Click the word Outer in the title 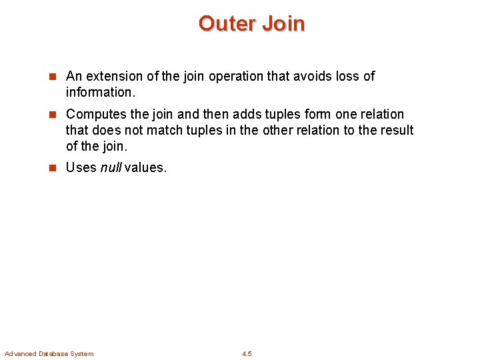227,24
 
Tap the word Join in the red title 283,24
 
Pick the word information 97,91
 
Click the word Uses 81,167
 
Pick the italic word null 111,167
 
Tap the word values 146,167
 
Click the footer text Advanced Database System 49,353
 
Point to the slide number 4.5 247,353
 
